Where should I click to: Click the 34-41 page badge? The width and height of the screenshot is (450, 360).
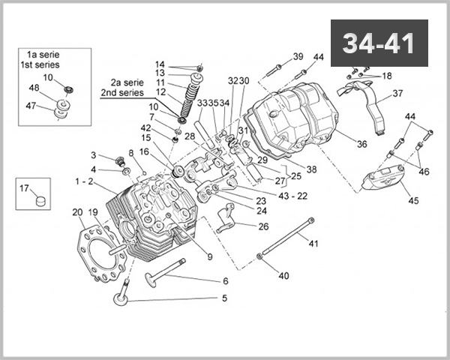pyautogui.click(x=379, y=43)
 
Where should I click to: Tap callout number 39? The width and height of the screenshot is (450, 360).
pyautogui.click(x=298, y=57)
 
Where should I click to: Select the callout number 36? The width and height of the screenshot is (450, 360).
pyautogui.click(x=361, y=145)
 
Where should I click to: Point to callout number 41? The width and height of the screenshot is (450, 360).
pyautogui.click(x=313, y=243)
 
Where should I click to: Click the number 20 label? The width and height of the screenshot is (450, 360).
pyautogui.click(x=78, y=213)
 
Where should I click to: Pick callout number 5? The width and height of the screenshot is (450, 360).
pyautogui.click(x=223, y=298)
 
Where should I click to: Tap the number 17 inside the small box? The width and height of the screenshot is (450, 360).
pyautogui.click(x=23, y=188)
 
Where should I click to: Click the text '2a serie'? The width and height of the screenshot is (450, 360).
pyautogui.click(x=126, y=82)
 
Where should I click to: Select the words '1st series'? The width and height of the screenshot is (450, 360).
pyautogui.click(x=42, y=64)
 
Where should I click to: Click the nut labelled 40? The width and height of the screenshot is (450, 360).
pyautogui.click(x=259, y=257)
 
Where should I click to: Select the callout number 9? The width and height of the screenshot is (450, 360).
pyautogui.click(x=210, y=257)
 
